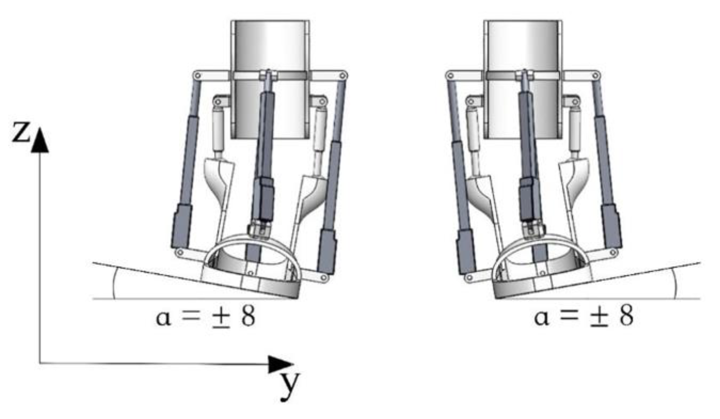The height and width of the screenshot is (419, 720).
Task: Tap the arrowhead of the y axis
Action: pos(281,364)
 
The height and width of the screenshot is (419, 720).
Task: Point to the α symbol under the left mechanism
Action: pos(163,318)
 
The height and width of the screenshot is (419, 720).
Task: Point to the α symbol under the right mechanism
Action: pos(542,318)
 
